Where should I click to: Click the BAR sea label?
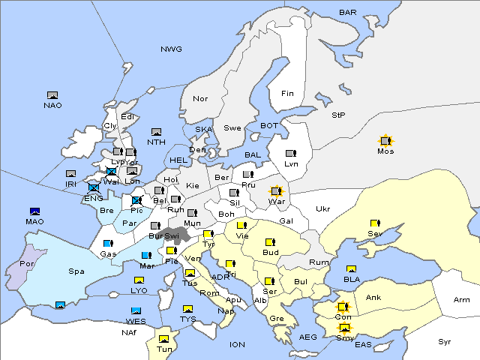348,13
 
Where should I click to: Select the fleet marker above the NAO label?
52,95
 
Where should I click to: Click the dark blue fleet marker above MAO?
34,211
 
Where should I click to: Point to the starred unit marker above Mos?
385,140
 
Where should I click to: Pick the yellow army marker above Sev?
374,223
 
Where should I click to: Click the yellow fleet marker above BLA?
351,269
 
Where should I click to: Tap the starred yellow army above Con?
343,307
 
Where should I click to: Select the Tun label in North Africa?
163,349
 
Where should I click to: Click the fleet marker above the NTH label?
157,132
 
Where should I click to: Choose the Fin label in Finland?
287,94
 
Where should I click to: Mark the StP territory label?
338,115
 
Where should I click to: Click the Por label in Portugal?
28,265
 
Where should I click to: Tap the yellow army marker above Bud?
269,242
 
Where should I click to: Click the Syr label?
445,341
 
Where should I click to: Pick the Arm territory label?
461,300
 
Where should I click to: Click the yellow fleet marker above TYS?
187,309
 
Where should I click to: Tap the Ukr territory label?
323,209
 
